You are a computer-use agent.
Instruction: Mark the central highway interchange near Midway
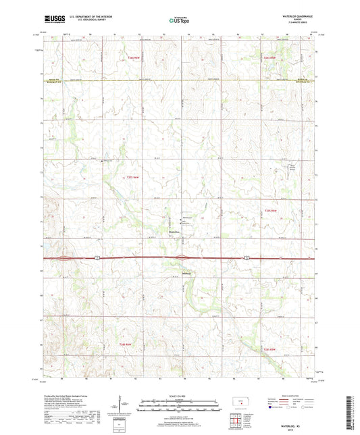click(x=182, y=257)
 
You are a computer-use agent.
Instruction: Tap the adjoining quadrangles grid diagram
click(x=235, y=422)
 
